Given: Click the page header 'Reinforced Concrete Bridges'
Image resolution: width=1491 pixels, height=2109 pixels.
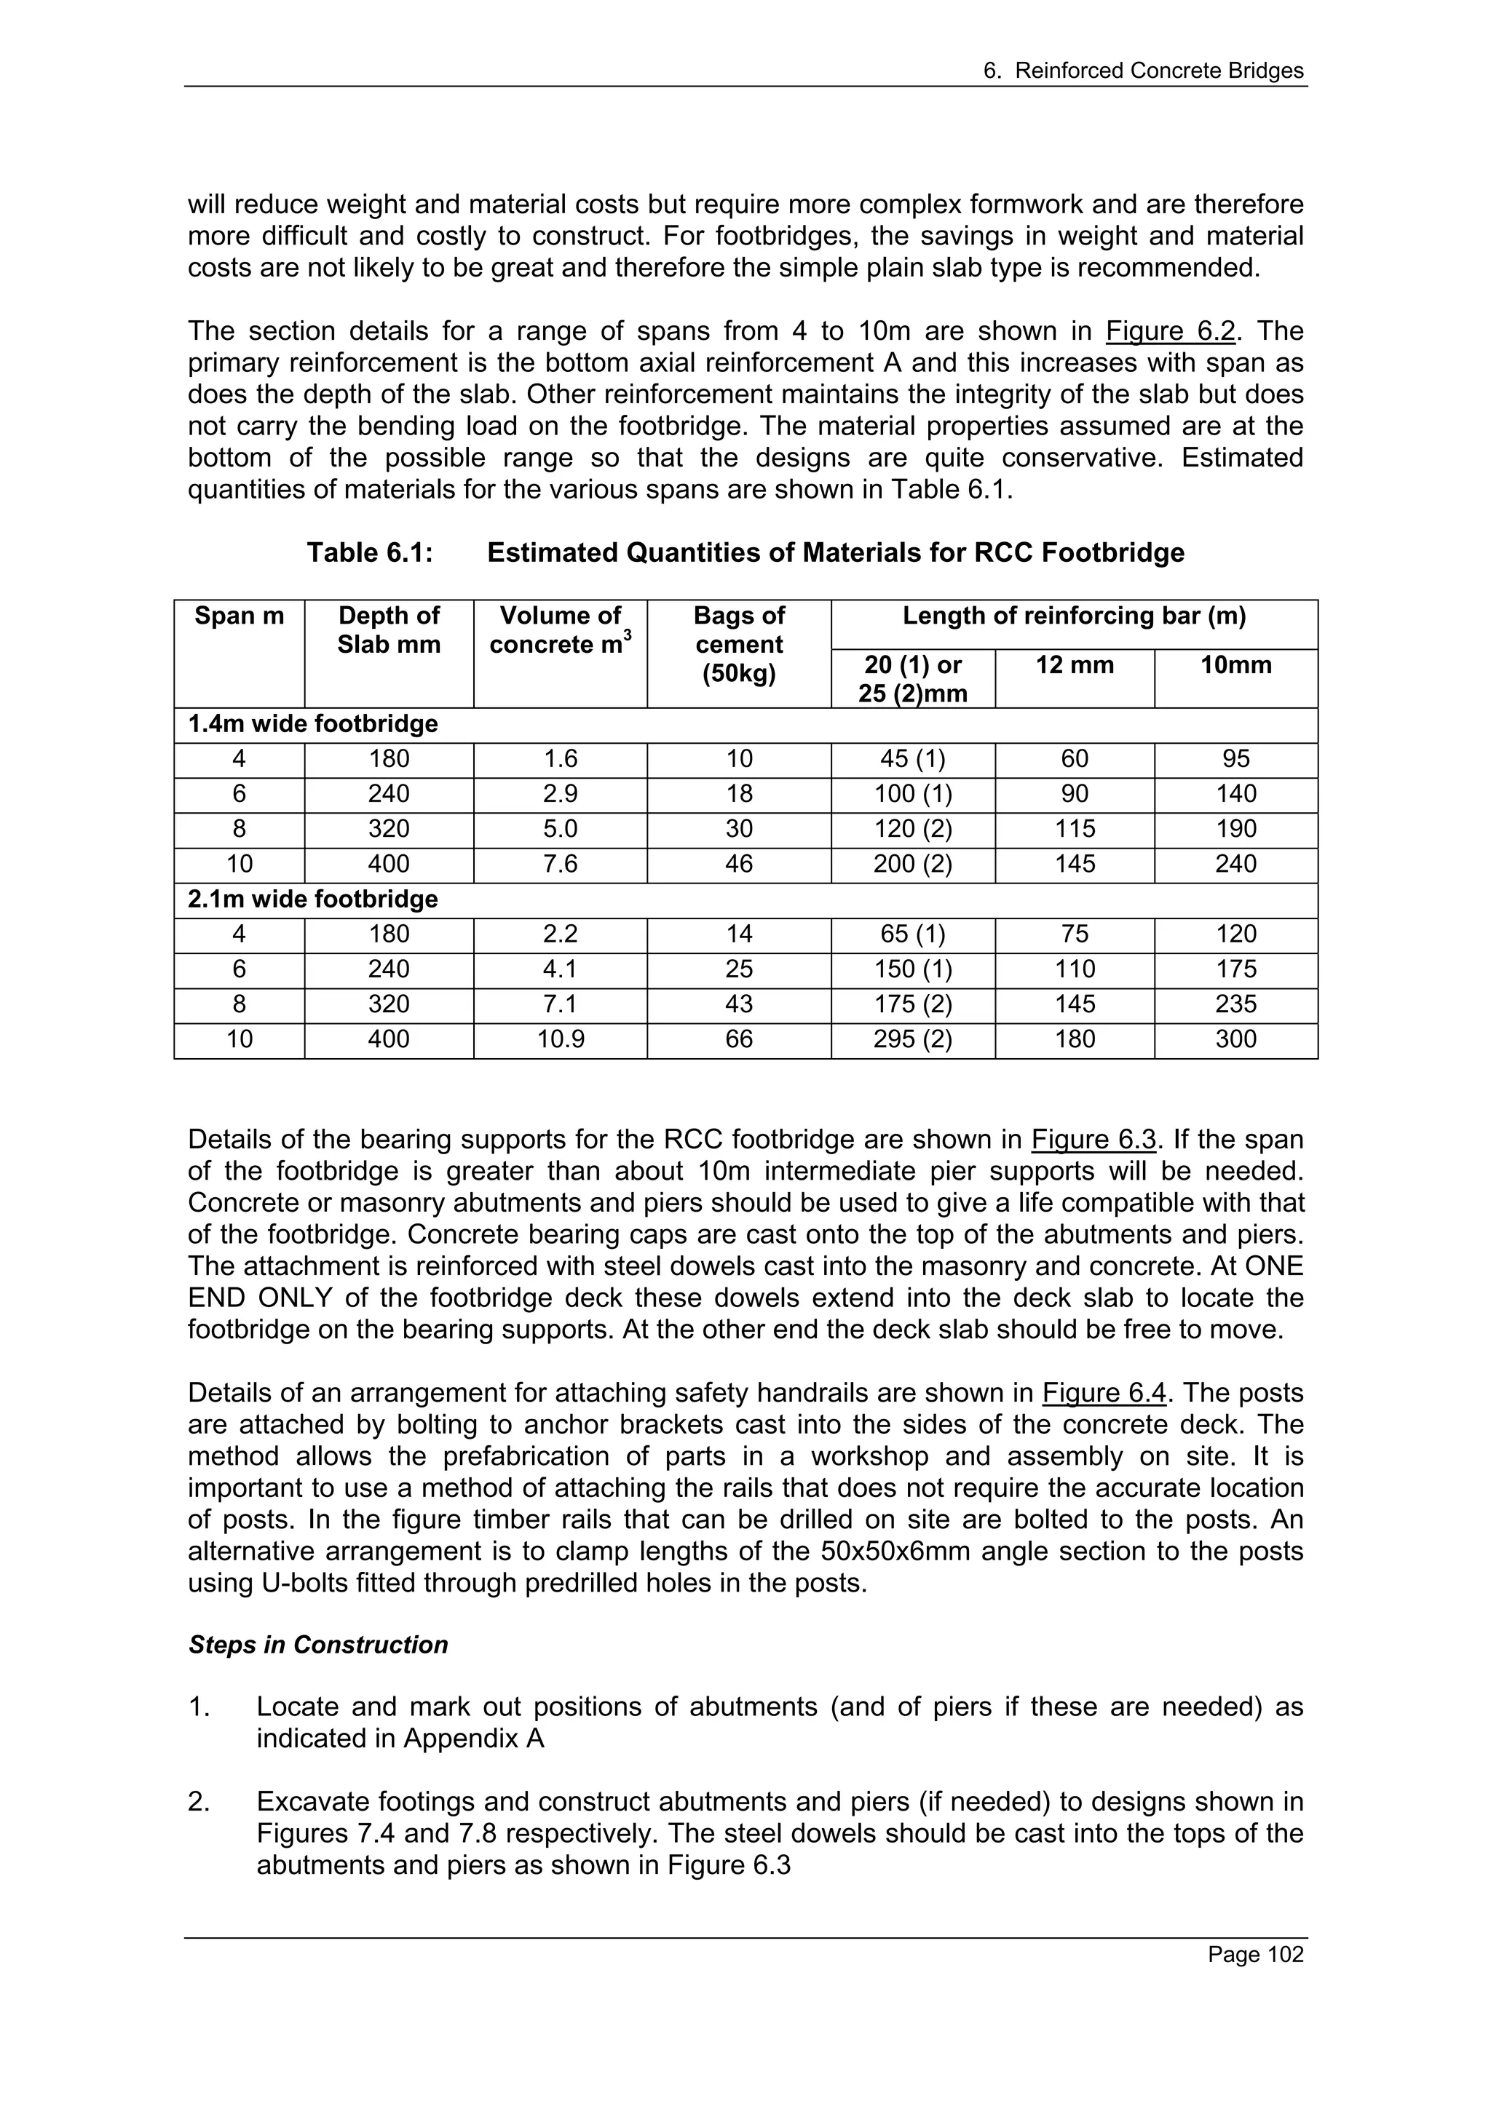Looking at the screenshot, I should click(x=1158, y=71).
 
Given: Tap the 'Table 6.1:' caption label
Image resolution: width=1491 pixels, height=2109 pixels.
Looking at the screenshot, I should click(x=369, y=553).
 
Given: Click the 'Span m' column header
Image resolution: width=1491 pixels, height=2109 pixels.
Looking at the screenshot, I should click(x=239, y=616).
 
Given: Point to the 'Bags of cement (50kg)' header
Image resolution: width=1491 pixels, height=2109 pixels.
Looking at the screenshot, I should click(x=739, y=645).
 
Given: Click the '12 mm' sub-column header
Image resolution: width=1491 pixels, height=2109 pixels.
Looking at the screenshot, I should click(x=1074, y=665).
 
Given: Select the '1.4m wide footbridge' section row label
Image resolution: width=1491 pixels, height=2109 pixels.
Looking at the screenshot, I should click(x=312, y=725).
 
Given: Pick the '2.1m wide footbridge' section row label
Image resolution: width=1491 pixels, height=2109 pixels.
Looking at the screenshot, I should click(x=312, y=899).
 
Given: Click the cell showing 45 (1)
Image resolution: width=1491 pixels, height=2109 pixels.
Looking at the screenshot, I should click(x=912, y=760).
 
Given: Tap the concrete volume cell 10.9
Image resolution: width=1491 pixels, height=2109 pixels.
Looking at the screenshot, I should click(x=561, y=1040).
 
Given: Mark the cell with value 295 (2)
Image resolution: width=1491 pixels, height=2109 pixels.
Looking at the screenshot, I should click(x=912, y=1040).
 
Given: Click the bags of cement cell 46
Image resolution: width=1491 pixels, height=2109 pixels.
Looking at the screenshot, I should click(x=739, y=865).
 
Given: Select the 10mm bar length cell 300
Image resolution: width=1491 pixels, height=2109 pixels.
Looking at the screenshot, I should click(x=1235, y=1040).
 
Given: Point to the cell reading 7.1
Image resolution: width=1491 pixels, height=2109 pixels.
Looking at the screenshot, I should click(x=561, y=1005).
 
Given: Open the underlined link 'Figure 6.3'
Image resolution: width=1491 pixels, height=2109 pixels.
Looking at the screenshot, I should click(x=1093, y=1140).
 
